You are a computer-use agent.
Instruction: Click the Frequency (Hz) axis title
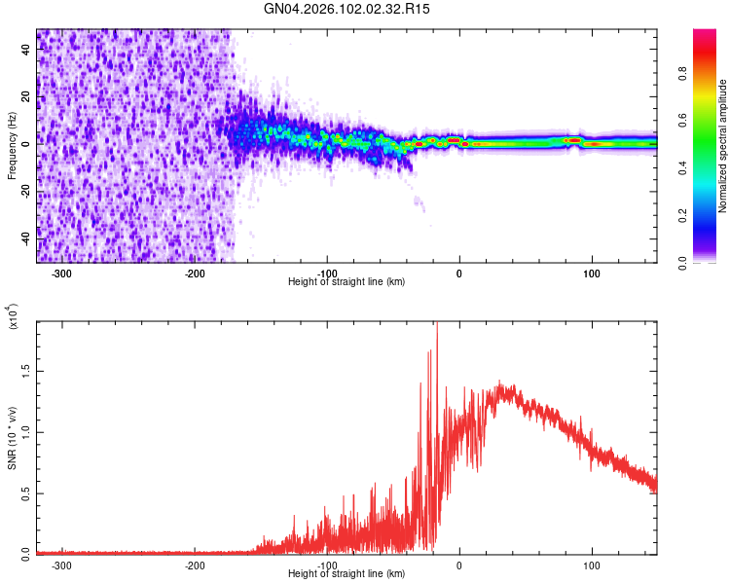pos(12,145)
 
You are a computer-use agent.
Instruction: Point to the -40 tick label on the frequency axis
pos(23,237)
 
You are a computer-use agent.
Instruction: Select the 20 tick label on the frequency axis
pos(25,96)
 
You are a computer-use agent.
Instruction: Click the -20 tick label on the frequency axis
pos(23,190)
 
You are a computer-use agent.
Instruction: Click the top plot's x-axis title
pos(347,282)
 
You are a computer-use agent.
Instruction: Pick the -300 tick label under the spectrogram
pos(61,273)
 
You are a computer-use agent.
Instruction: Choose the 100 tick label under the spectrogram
pos(591,273)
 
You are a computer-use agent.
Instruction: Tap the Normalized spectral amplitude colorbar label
pos(723,146)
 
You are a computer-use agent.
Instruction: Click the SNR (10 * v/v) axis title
pos(12,436)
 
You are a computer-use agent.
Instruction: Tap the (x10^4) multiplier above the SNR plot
pos(14,316)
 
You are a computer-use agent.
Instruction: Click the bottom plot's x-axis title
pos(347,574)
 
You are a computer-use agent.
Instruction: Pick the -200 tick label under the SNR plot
pos(194,565)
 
